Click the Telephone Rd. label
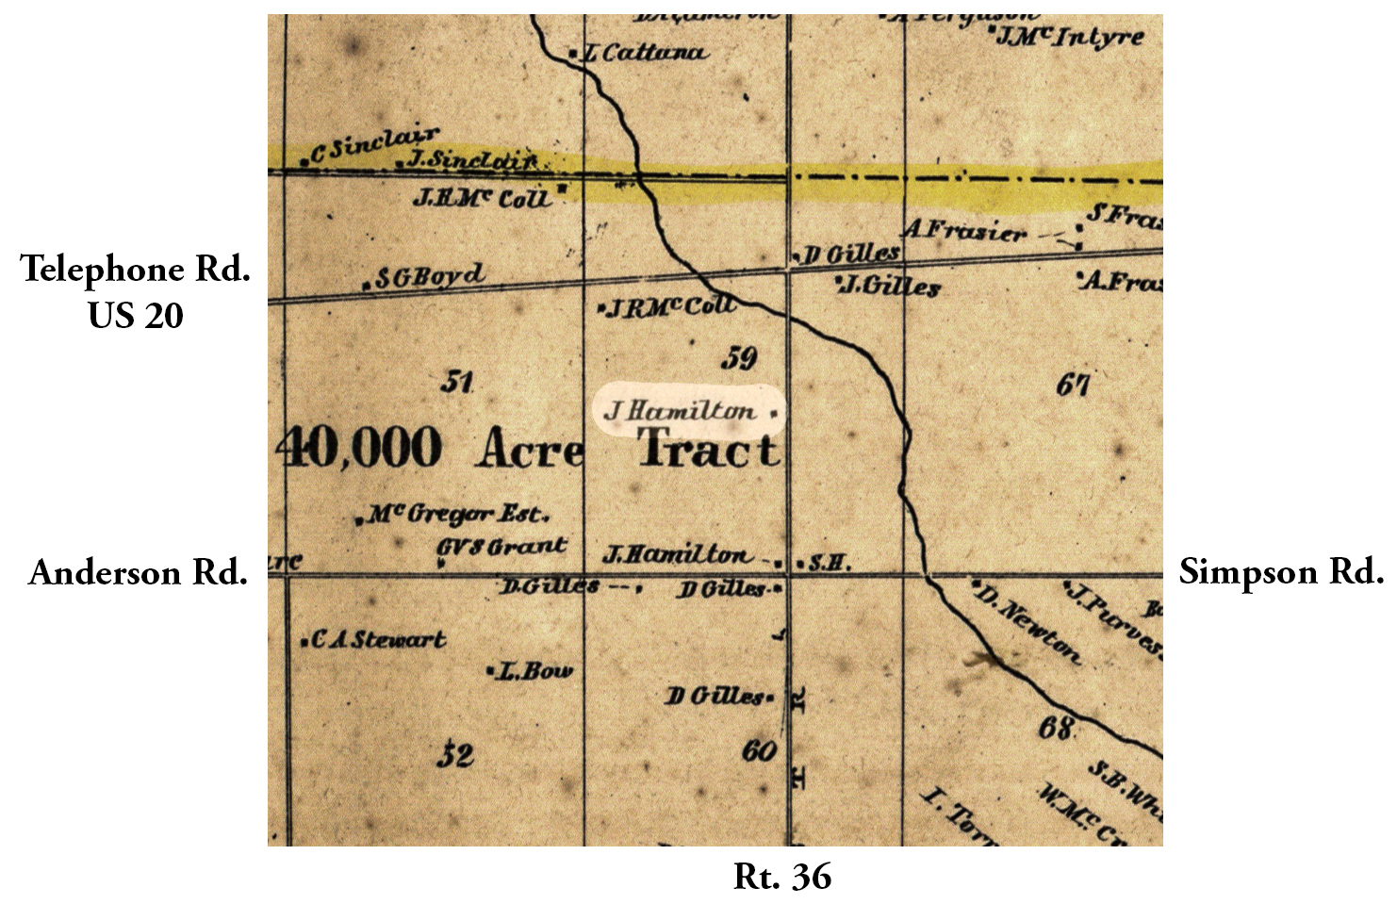click(136, 270)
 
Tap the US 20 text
click(136, 315)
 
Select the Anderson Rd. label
click(138, 572)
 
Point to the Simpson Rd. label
click(1281, 571)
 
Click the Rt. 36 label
click(782, 877)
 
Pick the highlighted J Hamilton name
click(680, 411)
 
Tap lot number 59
click(739, 358)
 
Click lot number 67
click(1074, 384)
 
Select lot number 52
click(455, 755)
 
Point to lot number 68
click(1056, 728)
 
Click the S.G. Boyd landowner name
click(430, 277)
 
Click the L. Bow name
click(534, 671)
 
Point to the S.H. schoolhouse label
click(830, 564)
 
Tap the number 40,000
click(361, 448)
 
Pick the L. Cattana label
click(645, 53)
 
